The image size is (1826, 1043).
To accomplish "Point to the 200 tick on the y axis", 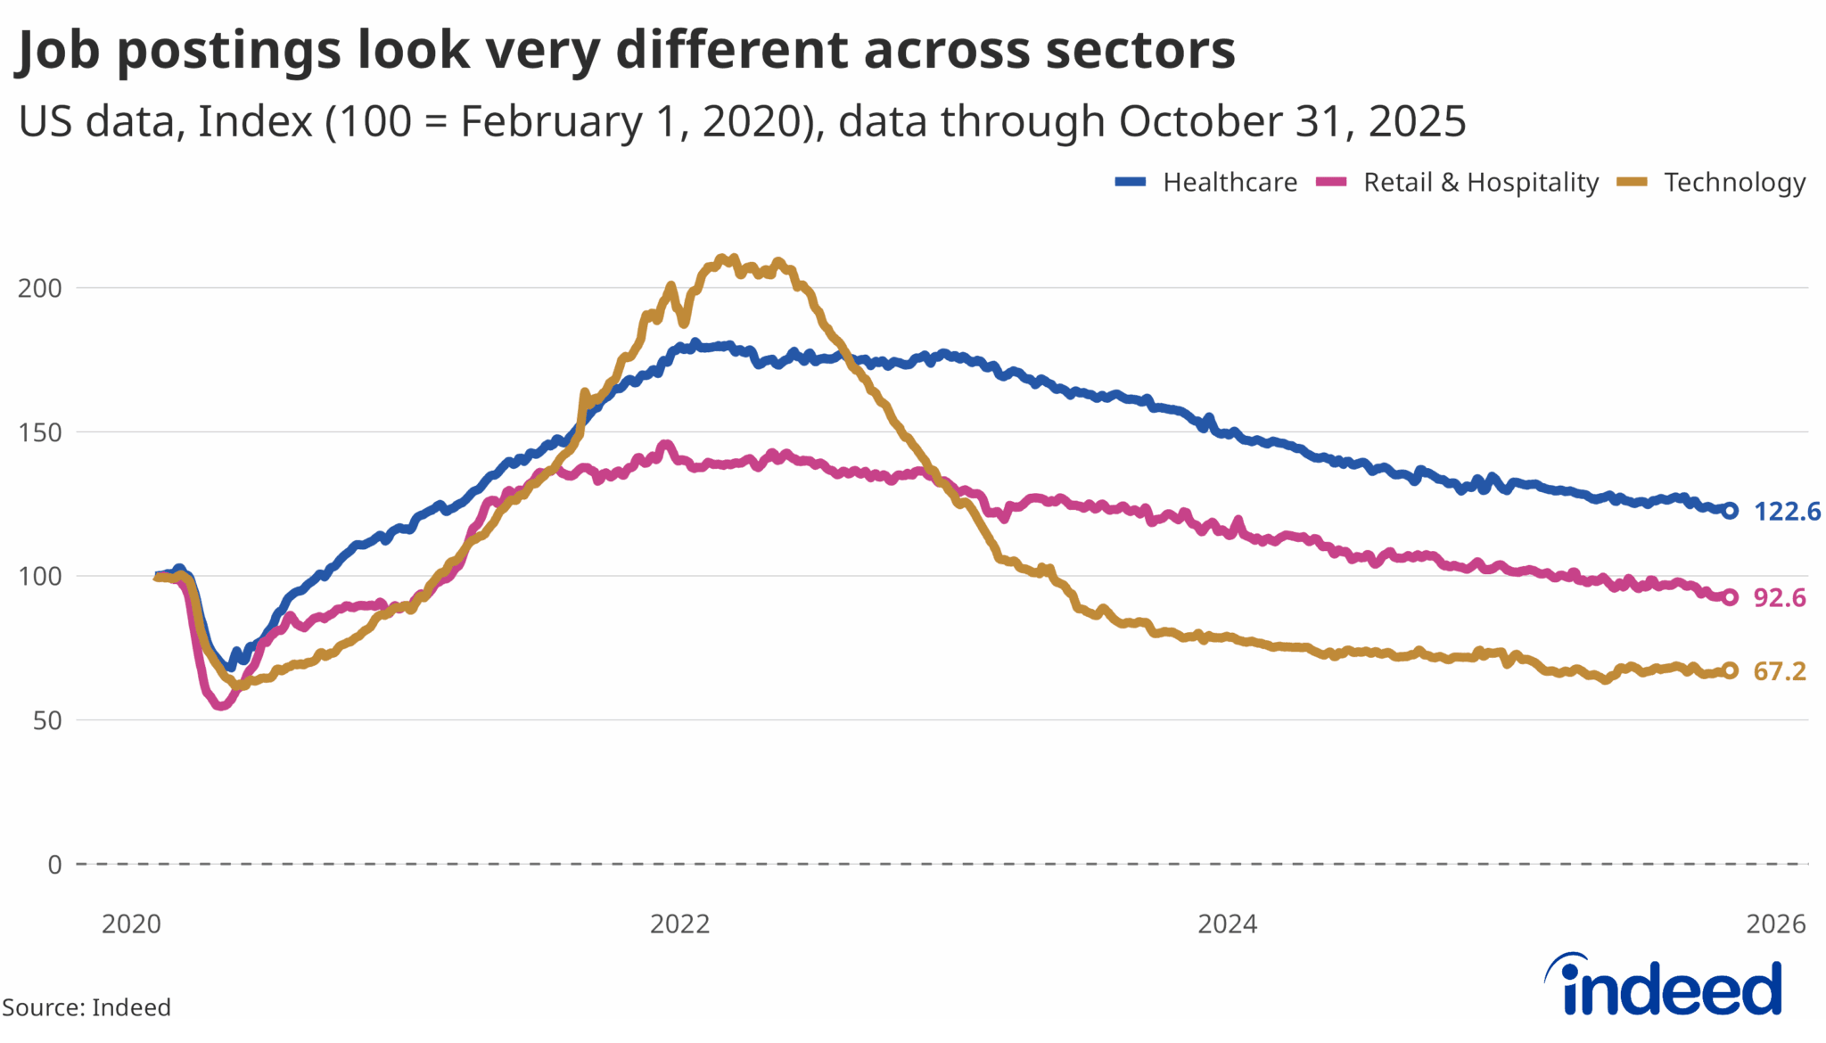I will [40, 288].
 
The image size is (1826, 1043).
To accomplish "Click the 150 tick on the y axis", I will [40, 432].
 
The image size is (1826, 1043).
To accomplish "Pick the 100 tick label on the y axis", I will [40, 576].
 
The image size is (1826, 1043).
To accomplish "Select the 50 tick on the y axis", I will [47, 720].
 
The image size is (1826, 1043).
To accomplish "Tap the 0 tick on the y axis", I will [54, 864].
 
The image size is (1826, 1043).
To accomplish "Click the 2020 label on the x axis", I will [131, 924].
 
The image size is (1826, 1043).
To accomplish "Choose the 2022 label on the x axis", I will [679, 924].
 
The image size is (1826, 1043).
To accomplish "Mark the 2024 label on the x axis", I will [1227, 924].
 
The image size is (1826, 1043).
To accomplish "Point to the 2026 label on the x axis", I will [1775, 924].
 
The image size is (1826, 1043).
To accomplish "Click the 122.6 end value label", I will [1787, 512].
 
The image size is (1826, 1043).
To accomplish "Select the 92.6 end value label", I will [1780, 598].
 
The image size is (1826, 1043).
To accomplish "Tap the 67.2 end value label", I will [1780, 671].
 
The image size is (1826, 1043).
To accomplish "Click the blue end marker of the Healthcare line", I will [1730, 511].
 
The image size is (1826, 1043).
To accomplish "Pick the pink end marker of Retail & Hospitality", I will [1730, 597].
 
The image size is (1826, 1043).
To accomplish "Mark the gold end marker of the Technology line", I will [1730, 670].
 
